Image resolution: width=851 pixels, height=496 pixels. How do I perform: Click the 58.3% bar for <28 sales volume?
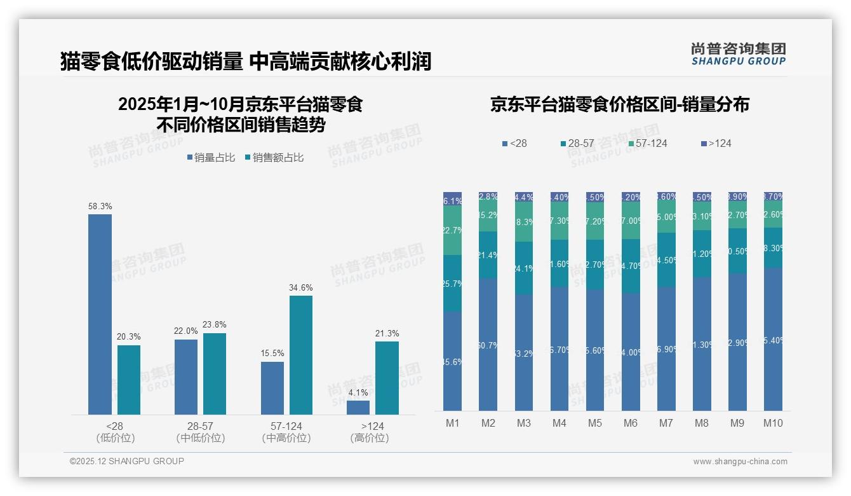(100, 314)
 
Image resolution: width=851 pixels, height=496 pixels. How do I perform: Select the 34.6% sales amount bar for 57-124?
(301, 355)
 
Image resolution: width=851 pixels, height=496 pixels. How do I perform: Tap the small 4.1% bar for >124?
(358, 408)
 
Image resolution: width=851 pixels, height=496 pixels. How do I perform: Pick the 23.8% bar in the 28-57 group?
(215, 374)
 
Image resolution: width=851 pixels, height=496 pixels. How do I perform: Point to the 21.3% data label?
(387, 334)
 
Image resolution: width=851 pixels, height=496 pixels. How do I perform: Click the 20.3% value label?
(129, 337)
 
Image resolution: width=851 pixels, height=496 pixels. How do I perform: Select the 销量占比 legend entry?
(211, 158)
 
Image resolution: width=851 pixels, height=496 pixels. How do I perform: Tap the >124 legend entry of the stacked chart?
(716, 144)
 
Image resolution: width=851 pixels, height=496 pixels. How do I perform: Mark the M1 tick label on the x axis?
(452, 423)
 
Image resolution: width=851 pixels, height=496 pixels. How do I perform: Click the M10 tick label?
(773, 423)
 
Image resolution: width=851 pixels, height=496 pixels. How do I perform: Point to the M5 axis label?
(594, 423)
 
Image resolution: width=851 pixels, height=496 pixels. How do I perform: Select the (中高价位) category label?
(286, 438)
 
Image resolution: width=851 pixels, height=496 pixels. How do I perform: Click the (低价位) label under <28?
(116, 438)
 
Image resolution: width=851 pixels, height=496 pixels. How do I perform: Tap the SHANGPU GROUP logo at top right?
(738, 54)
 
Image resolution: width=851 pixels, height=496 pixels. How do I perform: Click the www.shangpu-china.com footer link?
(740, 462)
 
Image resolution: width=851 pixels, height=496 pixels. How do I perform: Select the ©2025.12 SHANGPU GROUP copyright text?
(127, 461)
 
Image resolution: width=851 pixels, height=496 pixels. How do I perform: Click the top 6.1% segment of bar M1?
(452, 198)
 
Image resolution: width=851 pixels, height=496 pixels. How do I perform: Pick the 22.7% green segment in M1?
(452, 230)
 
